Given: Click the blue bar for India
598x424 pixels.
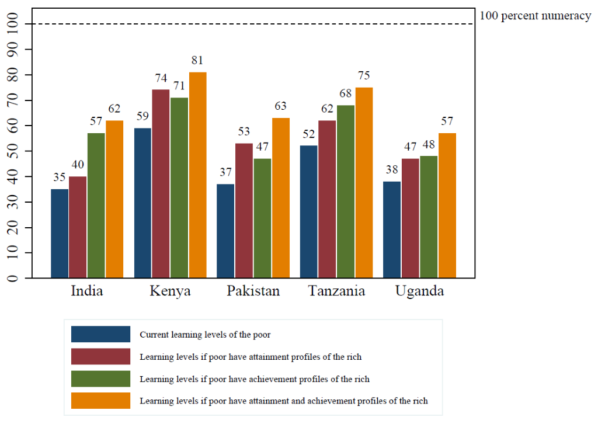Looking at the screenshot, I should (60, 233).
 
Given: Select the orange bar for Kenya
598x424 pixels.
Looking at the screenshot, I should (197, 175).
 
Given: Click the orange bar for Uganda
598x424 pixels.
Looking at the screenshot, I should (447, 205).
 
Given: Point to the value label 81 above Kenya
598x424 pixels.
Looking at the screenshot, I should (197, 61).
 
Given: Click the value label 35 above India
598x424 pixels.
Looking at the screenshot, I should (60, 178).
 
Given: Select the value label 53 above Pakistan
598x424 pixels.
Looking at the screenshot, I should (244, 132).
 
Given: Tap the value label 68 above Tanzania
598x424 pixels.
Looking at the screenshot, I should (345, 94).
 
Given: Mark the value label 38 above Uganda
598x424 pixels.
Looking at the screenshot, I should (391, 170).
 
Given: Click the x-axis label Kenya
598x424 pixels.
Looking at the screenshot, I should (170, 291).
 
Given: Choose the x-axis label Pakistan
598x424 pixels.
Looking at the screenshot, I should (253, 291).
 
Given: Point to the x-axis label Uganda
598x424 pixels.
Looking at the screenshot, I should (419, 291).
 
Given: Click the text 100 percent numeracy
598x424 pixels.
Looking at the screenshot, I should (535, 16).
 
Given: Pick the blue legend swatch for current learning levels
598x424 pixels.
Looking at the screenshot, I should (100, 335).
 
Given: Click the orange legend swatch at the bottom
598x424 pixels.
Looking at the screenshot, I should (100, 401).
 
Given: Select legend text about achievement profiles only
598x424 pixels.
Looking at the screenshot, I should (254, 379).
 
